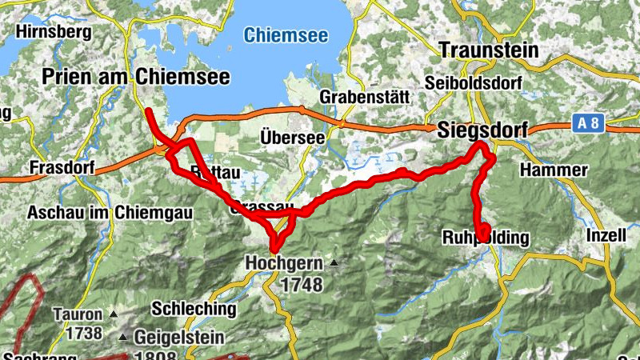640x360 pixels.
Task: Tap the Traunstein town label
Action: (489, 50)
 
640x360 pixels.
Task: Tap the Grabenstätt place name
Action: (365, 96)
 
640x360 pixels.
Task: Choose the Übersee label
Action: (292, 138)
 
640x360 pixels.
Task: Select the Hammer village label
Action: (554, 170)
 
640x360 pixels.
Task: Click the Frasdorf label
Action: (61, 168)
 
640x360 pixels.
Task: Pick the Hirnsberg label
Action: (54, 33)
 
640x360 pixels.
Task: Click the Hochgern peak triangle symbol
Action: (334, 262)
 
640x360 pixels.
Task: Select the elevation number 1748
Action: (301, 284)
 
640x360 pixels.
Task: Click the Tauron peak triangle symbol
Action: (114, 314)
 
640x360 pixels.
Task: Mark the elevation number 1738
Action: (77, 333)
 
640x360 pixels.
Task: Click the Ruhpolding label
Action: (486, 238)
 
